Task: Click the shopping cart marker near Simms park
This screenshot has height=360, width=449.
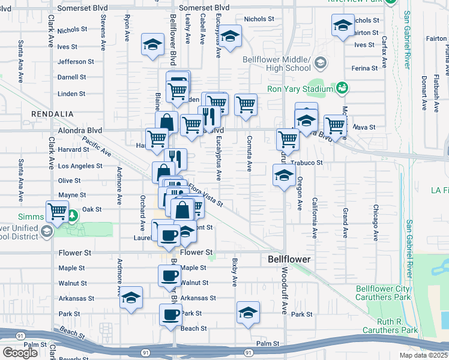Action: click(x=57, y=211)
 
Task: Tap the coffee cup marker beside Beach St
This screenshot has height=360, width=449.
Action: click(x=170, y=314)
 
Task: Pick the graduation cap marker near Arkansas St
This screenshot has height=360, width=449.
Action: click(x=131, y=299)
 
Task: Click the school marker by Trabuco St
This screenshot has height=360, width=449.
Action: click(x=284, y=175)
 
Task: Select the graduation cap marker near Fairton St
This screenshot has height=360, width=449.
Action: click(x=343, y=25)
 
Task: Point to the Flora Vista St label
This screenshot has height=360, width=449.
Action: click(x=206, y=196)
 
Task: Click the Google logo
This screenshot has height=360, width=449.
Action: click(x=20, y=352)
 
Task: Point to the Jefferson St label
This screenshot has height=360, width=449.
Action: click(x=76, y=61)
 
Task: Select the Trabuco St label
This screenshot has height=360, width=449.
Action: click(x=307, y=162)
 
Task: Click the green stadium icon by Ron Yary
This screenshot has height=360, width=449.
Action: click(x=342, y=88)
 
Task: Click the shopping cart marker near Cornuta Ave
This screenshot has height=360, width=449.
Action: click(x=246, y=104)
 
